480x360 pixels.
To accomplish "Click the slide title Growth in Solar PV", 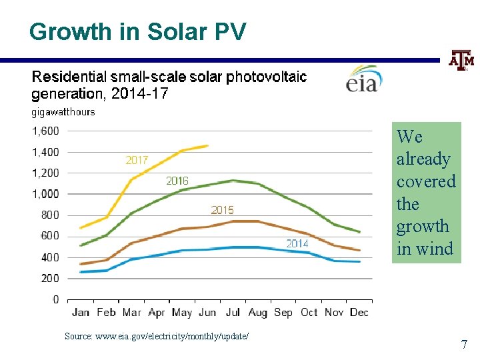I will (138, 31).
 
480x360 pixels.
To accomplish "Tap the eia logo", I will (363, 78).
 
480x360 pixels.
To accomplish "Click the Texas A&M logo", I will (461, 61).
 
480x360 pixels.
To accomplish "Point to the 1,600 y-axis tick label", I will (45, 131).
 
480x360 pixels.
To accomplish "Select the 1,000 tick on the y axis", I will (45, 194).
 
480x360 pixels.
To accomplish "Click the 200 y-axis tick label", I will (49, 278).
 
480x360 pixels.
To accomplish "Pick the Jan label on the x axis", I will (81, 312).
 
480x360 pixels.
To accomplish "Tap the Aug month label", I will (257, 312).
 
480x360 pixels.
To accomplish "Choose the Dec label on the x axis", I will (359, 312).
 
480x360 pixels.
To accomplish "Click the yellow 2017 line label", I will (137, 160).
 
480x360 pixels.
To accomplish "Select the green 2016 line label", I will (177, 181).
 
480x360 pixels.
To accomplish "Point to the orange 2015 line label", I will (223, 210).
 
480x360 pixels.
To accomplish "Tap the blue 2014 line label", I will (297, 243).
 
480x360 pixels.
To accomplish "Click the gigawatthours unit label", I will (63, 112).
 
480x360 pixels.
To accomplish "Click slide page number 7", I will (464, 345).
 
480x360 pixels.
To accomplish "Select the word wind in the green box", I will (434, 249).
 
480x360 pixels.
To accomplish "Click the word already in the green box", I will (423, 159).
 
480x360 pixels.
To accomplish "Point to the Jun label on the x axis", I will (207, 312).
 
